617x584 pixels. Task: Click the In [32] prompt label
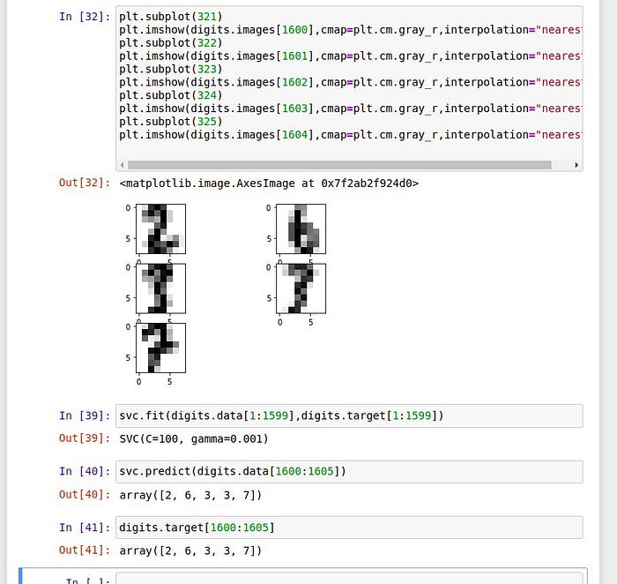[85, 16]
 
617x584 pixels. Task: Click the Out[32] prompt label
[85, 183]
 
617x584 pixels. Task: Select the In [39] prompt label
[85, 416]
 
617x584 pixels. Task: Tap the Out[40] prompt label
[85, 495]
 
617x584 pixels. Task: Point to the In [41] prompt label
[85, 528]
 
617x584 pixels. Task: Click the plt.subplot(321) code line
[171, 16]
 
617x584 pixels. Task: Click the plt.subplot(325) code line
[171, 122]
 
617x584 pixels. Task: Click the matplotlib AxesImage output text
[269, 183]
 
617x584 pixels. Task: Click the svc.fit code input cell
[349, 416]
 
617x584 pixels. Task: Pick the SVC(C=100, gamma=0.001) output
[194, 438]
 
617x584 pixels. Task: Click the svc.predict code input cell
[349, 471]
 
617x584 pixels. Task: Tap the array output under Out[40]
[190, 495]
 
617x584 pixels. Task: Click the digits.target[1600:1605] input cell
[349, 528]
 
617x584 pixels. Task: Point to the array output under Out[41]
[190, 550]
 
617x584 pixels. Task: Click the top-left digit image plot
[160, 228]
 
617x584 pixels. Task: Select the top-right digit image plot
[301, 228]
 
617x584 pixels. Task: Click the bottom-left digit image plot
[160, 348]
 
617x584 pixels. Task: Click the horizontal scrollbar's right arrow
[576, 165]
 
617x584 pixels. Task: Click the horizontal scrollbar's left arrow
[123, 165]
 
